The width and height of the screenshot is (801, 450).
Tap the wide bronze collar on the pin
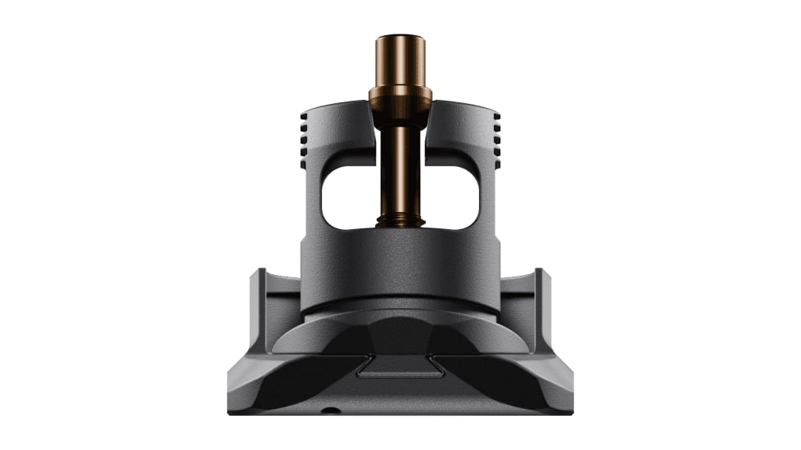coord(400,97)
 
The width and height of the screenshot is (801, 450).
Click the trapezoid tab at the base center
coord(400,368)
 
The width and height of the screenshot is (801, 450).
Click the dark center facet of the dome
coord(400,335)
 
